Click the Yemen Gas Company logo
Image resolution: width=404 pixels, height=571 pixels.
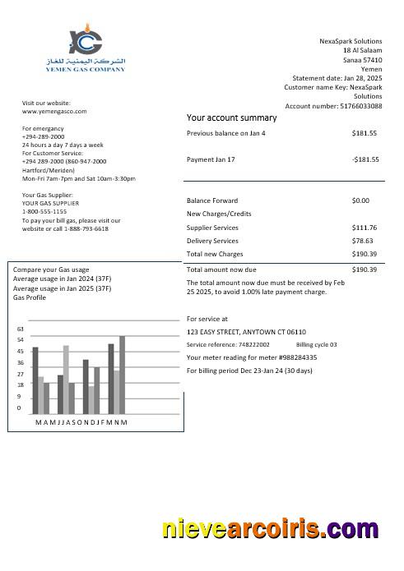click(x=85, y=50)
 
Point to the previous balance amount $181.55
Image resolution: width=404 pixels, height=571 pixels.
click(x=364, y=133)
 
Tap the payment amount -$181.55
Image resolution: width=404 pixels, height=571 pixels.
click(x=363, y=159)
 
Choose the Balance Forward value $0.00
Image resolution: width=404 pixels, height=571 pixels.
click(x=360, y=200)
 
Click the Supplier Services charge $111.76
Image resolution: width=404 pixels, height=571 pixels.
click(x=364, y=228)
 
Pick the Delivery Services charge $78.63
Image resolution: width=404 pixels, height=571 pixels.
click(x=362, y=241)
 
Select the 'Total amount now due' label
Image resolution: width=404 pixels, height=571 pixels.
click(x=221, y=269)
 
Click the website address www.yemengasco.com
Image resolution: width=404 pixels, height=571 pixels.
click(x=54, y=111)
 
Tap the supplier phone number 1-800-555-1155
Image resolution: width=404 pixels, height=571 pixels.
click(x=44, y=211)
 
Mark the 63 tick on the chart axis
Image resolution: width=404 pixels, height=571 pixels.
click(x=21, y=329)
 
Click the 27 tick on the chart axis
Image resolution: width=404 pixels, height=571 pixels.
click(x=21, y=374)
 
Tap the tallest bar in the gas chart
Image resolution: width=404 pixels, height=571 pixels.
click(x=122, y=375)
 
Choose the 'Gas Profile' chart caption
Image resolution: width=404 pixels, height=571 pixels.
click(x=30, y=297)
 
